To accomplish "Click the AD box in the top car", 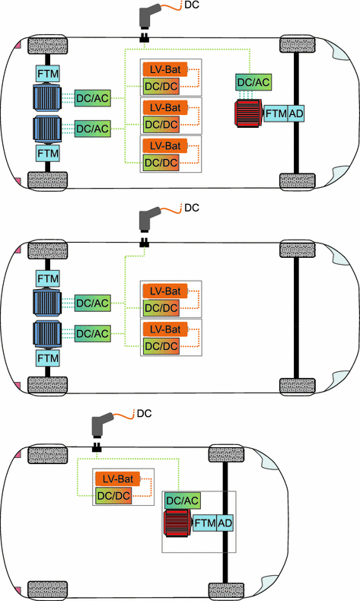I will point(296,113).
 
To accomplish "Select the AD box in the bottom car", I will point(225,523).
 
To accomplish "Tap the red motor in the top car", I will point(247,113).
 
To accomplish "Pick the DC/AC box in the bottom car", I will point(183,500).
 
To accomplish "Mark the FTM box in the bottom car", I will point(205,523).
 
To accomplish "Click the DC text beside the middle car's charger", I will point(191,207).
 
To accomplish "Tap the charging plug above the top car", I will point(146,19).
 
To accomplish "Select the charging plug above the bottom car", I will point(102,425).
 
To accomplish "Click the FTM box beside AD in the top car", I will point(276,113).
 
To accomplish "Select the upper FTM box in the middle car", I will point(48,278).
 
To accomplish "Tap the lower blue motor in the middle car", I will point(48,332).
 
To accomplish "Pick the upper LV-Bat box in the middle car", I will point(162,291).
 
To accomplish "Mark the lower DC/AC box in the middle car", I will point(91,332).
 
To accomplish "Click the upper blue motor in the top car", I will point(48,97).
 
